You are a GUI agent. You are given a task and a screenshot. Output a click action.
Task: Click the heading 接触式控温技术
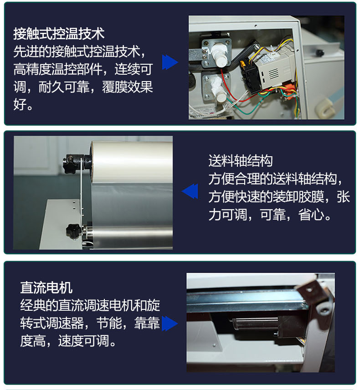[59, 34]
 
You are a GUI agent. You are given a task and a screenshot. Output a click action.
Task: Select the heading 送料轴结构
[241, 161]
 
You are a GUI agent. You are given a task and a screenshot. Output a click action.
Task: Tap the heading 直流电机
[46, 287]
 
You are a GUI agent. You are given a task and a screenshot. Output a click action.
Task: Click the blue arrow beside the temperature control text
[170, 62]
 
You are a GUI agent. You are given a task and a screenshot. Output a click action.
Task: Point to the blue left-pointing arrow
[190, 191]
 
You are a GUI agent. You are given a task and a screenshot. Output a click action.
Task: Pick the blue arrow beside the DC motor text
[170, 323]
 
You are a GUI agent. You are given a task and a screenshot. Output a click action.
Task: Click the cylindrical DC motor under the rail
[256, 324]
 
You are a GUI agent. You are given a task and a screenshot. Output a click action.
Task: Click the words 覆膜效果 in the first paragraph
[127, 87]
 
